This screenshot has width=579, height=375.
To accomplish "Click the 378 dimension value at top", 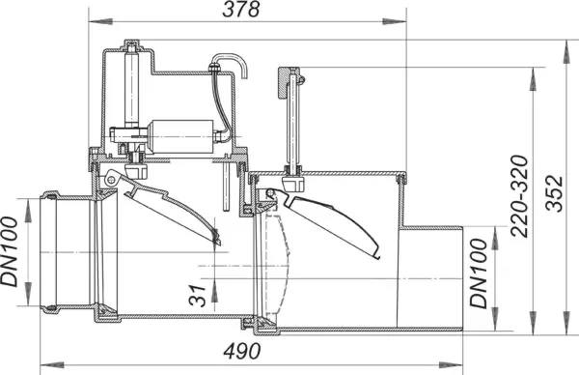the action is (241, 10).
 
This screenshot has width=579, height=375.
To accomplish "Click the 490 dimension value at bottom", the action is (242, 352).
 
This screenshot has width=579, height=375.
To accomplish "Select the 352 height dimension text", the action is (555, 193).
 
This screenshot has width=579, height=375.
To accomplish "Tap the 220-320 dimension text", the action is (520, 196).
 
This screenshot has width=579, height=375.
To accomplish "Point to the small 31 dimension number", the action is (197, 296).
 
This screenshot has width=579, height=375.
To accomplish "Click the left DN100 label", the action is (10, 252).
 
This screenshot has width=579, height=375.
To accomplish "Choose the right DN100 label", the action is (479, 274).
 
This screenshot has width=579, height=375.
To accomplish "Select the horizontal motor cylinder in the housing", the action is (181, 136).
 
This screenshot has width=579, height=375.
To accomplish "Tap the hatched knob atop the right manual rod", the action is (285, 82).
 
